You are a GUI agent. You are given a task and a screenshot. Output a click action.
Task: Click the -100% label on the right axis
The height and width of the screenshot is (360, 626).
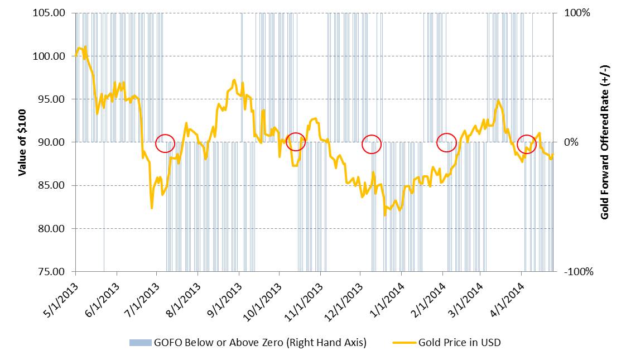point(578,272)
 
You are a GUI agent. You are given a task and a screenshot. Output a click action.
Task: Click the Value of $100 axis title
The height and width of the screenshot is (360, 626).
point(23,142)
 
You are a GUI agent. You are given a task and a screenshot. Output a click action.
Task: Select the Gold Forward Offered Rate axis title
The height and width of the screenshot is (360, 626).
point(605,142)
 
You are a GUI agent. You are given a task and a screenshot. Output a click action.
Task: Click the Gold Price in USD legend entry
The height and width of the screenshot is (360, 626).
point(460,343)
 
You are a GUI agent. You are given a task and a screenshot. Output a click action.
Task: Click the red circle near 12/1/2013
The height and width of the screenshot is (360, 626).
point(372,144)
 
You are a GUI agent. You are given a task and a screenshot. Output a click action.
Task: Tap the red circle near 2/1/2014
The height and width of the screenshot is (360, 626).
point(446,143)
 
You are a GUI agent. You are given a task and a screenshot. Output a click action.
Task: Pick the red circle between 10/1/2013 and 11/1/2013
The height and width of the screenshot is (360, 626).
point(296,141)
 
